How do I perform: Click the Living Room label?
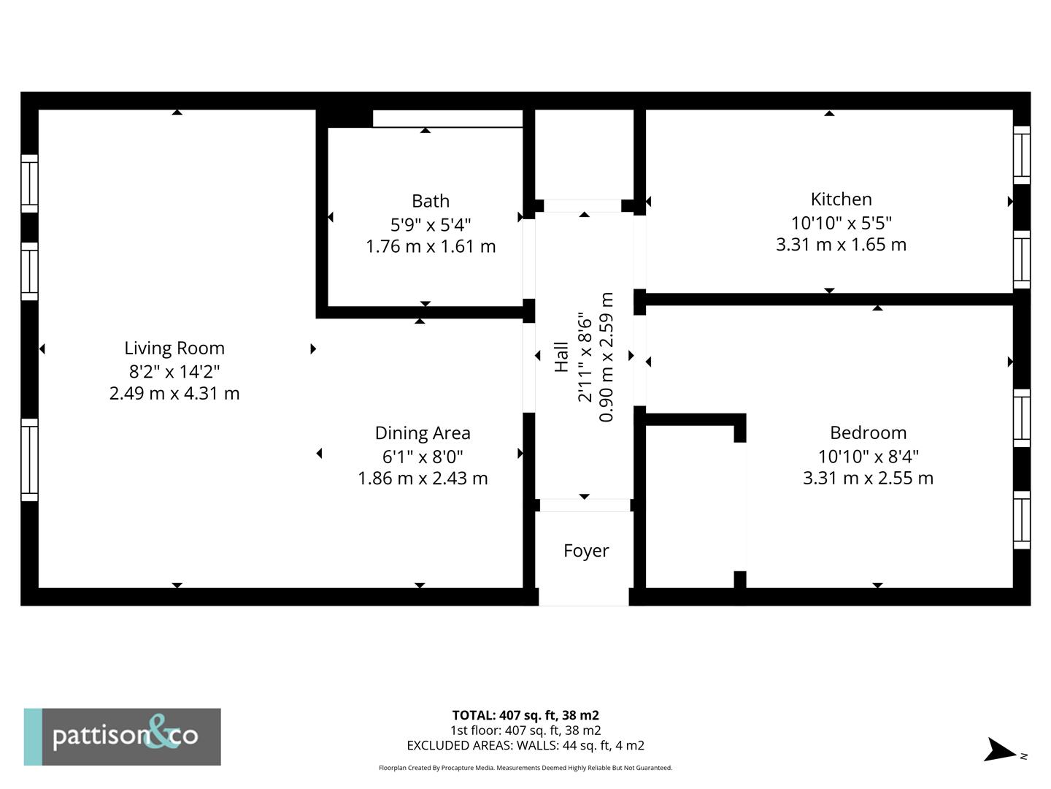click(x=174, y=348)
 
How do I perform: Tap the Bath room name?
click(x=431, y=201)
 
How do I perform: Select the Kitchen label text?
click(x=841, y=199)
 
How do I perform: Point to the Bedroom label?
click(x=868, y=432)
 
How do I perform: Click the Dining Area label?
click(x=423, y=433)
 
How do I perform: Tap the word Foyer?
click(x=585, y=551)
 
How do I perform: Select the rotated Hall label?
click(x=561, y=357)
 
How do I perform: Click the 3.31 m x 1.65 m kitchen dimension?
click(x=841, y=245)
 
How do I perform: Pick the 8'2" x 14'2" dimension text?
click(x=174, y=371)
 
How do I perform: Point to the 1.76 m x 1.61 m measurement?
click(x=431, y=247)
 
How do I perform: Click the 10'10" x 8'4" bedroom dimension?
click(x=868, y=457)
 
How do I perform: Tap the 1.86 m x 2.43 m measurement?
click(x=423, y=479)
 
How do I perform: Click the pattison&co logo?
click(x=123, y=736)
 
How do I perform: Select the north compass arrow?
click(x=1000, y=750)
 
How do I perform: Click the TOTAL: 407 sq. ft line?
click(x=525, y=715)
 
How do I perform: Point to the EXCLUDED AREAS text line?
click(x=525, y=746)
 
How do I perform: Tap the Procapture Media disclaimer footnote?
click(x=525, y=768)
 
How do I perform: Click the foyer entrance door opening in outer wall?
click(x=584, y=597)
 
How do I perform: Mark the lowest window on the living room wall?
click(x=29, y=460)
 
